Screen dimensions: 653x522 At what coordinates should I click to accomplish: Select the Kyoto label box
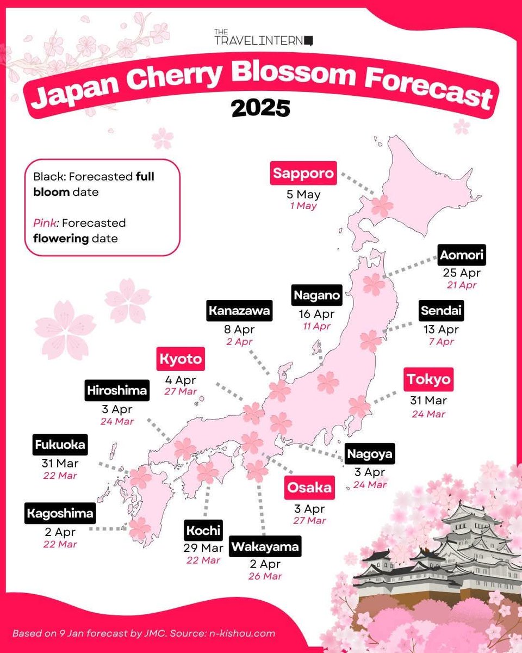point(181,359)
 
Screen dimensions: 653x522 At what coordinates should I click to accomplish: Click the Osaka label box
point(309,488)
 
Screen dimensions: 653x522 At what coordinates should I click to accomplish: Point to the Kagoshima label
point(59,513)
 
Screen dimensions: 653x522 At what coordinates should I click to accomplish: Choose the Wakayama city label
point(265,547)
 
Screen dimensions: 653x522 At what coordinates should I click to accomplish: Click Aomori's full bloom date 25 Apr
point(462,273)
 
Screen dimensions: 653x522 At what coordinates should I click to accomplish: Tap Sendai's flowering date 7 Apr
point(441,342)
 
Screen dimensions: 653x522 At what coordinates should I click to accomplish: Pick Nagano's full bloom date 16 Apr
point(316,314)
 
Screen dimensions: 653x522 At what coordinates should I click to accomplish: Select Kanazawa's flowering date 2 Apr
point(239,342)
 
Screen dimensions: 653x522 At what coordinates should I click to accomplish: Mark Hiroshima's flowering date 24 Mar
point(117,421)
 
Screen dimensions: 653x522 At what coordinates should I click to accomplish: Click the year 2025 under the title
point(260,108)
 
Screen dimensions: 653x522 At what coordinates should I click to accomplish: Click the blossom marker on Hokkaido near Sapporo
point(382,206)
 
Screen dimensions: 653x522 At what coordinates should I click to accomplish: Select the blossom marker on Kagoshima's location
point(139,528)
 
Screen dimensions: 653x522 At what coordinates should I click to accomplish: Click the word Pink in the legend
point(42,223)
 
